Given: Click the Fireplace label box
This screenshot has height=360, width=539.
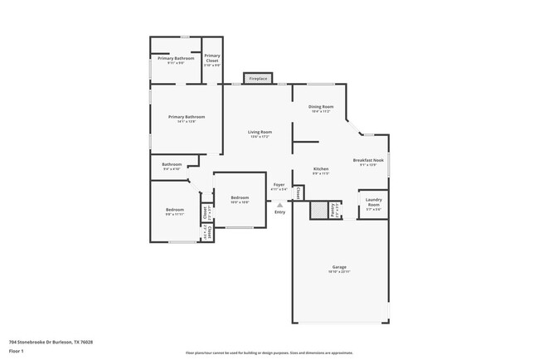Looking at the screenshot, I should (x=258, y=79).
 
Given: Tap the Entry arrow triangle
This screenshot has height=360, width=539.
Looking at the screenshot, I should (x=280, y=205).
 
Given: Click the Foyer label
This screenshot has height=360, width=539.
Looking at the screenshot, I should (x=279, y=186).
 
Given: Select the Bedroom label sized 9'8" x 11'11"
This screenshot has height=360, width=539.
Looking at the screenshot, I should (x=174, y=212).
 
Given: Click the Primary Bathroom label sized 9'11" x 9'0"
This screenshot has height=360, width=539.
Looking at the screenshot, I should (x=176, y=60).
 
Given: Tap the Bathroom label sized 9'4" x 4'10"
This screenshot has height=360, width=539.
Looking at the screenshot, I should (x=172, y=166).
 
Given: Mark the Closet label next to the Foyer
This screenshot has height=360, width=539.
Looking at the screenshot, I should (x=299, y=192).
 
